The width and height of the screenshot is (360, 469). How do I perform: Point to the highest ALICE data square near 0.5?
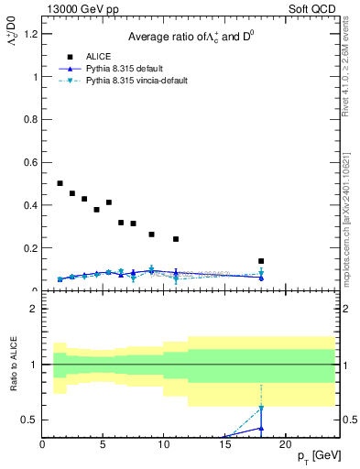click(x=60, y=183)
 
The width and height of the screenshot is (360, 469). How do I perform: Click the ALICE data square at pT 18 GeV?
click(x=261, y=261)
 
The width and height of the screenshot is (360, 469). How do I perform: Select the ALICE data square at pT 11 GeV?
click(x=176, y=239)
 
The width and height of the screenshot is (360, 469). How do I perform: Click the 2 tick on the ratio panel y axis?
click(x=35, y=309)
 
